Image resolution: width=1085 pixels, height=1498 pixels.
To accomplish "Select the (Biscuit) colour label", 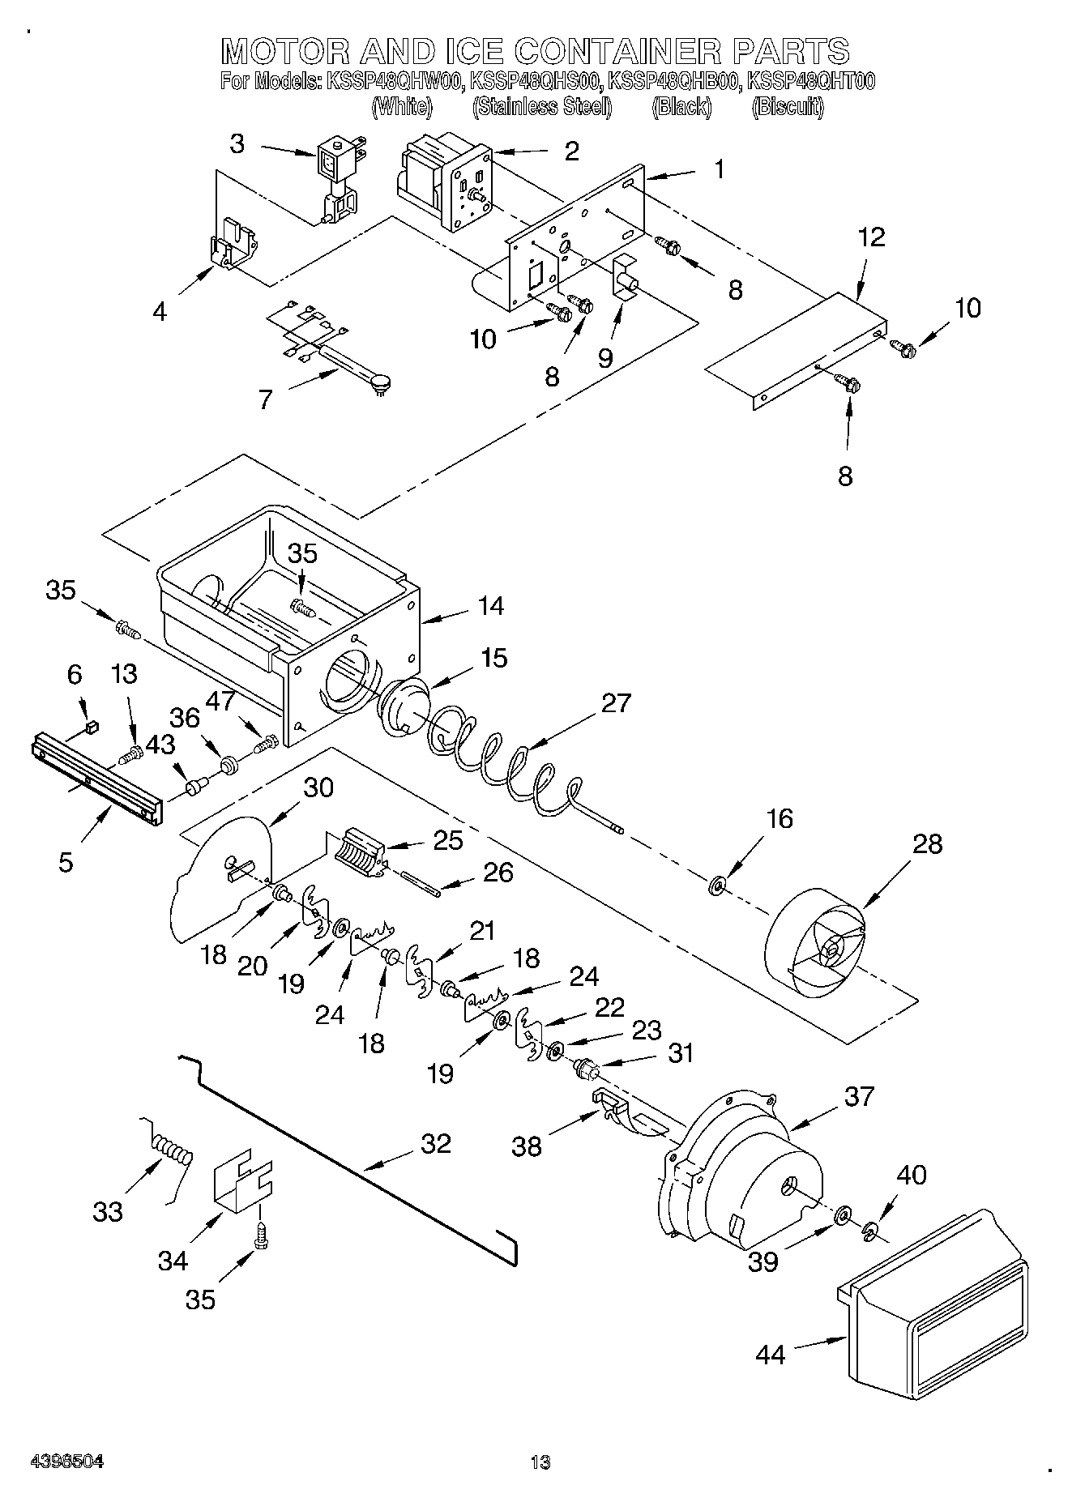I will coord(787,107).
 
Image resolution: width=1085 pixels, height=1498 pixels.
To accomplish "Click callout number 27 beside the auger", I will coord(616,702).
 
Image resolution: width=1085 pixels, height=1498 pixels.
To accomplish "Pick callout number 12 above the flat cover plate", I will coord(871,237).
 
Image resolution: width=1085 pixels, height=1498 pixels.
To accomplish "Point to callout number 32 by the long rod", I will coord(435,1143).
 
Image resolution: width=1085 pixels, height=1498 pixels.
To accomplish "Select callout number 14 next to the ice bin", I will coord(490,605).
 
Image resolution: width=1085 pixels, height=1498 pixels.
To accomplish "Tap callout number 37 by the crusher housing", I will coord(858,1096).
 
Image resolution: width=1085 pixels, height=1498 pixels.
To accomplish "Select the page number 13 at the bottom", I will coord(540,1462).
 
